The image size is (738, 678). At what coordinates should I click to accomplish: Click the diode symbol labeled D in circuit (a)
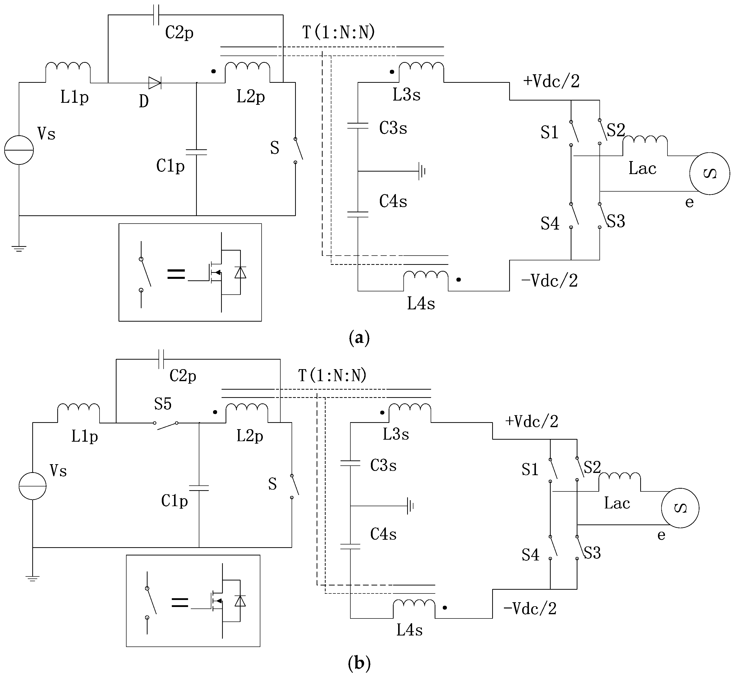(x=154, y=83)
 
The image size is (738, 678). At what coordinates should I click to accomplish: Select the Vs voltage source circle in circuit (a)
(x=19, y=150)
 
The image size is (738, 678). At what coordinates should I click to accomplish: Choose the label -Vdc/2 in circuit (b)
(x=530, y=609)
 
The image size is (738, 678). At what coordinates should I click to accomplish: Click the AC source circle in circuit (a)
(x=709, y=174)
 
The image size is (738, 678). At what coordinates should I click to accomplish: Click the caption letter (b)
(x=359, y=663)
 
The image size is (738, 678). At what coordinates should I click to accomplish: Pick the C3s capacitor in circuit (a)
(x=358, y=126)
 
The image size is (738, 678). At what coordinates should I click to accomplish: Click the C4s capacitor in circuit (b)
(x=350, y=546)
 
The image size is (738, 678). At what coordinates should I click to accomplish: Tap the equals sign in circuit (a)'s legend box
(x=176, y=274)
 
